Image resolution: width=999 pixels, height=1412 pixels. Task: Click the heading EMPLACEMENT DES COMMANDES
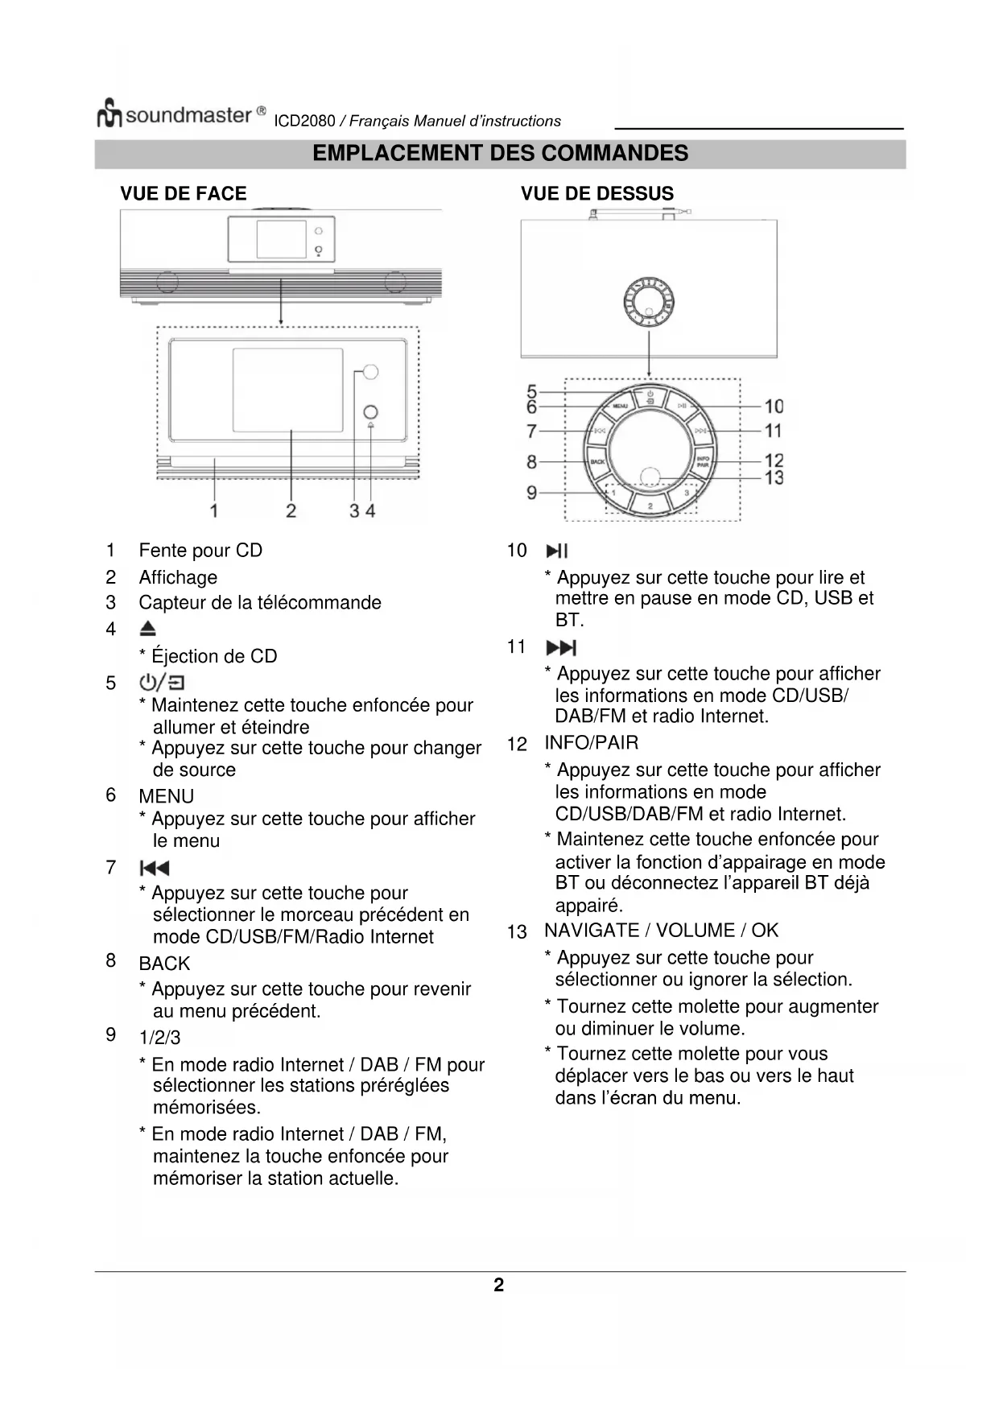500,154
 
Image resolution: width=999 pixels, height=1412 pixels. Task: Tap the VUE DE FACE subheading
184,194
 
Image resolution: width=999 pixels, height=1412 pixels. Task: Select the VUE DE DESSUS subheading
597,194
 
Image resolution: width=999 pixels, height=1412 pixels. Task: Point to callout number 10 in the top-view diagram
773,407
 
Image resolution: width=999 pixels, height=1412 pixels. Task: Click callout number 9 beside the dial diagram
531,492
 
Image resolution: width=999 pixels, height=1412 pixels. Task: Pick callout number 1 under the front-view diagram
214,510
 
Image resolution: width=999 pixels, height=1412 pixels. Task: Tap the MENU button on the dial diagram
621,407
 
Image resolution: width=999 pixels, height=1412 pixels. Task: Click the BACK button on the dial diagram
598,462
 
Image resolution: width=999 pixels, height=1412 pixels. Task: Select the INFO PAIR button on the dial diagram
702,462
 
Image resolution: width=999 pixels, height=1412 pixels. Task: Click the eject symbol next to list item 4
148,630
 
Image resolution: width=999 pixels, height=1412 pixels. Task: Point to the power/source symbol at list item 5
162,683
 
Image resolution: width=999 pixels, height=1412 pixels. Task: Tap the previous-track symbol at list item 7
155,868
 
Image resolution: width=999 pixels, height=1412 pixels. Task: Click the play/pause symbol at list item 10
557,551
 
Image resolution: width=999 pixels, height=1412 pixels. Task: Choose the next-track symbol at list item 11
561,648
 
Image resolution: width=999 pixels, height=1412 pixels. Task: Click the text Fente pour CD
200,551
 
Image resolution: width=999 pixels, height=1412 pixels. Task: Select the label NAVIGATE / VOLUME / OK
661,931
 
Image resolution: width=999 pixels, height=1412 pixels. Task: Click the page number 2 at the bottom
499,1285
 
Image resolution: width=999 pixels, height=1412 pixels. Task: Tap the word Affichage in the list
178,577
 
